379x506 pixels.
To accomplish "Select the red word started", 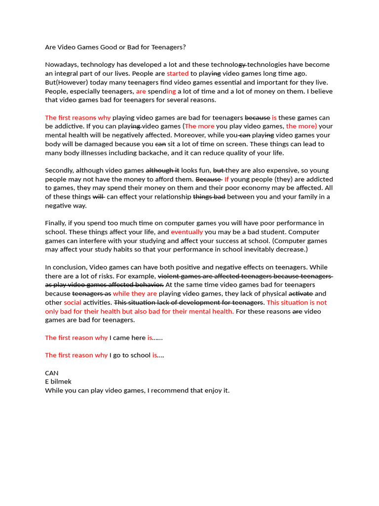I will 178,74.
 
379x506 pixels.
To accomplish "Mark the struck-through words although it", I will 162,170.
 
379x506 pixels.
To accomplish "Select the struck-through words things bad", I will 209,197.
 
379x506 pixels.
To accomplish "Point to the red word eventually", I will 187,232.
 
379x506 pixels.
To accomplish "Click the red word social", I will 73,302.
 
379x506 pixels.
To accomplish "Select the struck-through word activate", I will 301,294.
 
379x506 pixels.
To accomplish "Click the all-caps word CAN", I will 52,373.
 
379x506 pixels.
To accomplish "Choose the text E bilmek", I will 58,382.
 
